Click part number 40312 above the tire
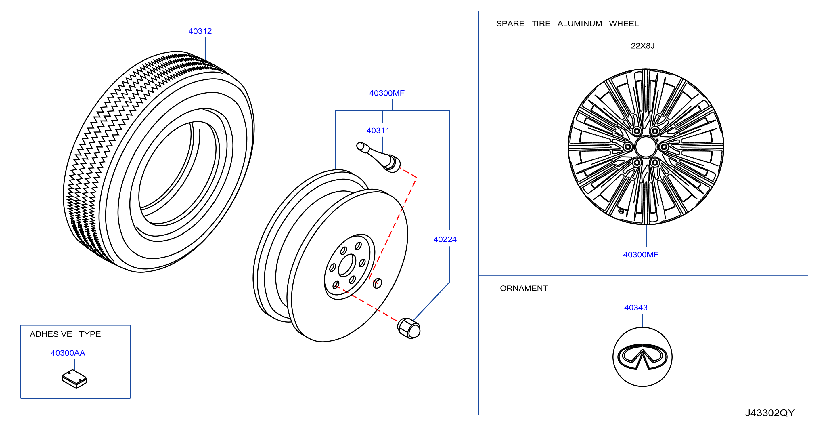pyautogui.click(x=200, y=31)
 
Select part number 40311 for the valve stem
pyautogui.click(x=378, y=130)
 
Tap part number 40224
pyautogui.click(x=445, y=239)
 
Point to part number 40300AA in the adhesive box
pyautogui.click(x=68, y=353)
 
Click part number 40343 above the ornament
pyautogui.click(x=635, y=308)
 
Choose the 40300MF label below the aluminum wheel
pyautogui.click(x=640, y=255)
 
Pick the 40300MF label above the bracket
pyautogui.click(x=386, y=93)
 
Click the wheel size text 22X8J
pyautogui.click(x=642, y=46)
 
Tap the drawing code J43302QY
pyautogui.click(x=770, y=413)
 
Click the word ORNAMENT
pyautogui.click(x=524, y=288)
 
